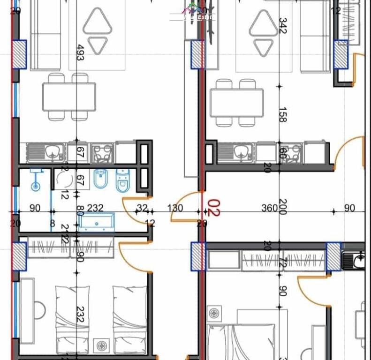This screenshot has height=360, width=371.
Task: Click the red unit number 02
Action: coord(214,207)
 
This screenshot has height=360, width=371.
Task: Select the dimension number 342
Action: coord(282,26)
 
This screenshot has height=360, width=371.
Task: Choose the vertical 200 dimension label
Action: coord(282,206)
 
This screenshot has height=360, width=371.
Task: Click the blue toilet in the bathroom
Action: coord(122,181)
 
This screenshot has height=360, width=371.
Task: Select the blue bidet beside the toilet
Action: coord(100,179)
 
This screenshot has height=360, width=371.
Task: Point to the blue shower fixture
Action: coord(35,179)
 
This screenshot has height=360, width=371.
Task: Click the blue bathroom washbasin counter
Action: coord(97,222)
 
